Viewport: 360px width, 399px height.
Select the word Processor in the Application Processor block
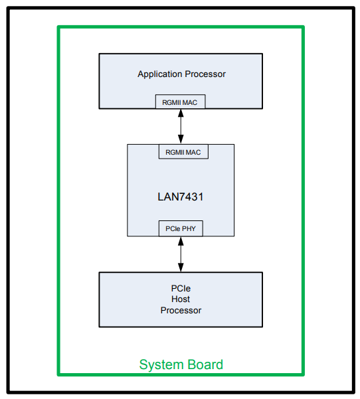(203, 74)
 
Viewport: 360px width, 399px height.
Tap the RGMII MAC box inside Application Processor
(181, 102)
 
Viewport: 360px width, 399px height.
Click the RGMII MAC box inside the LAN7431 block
(183, 152)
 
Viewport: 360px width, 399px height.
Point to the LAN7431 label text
(181, 197)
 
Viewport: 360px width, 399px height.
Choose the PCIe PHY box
(181, 228)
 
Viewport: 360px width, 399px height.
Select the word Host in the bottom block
(181, 300)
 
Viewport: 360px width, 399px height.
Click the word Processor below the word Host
(181, 310)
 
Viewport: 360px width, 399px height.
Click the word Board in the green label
(203, 364)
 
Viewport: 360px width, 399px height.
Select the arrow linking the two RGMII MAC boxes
(181, 127)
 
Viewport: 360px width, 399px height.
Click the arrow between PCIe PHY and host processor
(181, 254)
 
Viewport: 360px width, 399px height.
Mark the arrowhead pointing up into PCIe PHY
(181, 240)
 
